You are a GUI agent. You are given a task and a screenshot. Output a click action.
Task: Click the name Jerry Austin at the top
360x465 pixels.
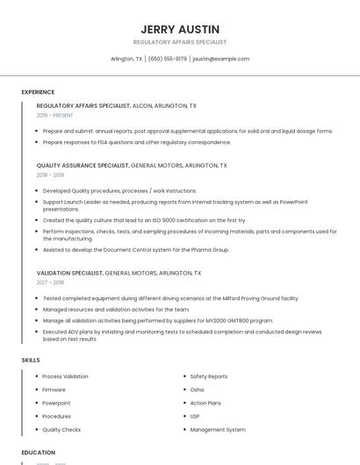click(180, 29)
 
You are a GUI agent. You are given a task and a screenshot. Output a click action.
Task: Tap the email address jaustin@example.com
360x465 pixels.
click(220, 59)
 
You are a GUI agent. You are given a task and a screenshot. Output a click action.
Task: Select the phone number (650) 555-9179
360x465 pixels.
click(167, 59)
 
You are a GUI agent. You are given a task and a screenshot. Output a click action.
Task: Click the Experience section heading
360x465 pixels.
click(38, 92)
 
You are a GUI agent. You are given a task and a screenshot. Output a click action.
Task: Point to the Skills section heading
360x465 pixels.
click(31, 360)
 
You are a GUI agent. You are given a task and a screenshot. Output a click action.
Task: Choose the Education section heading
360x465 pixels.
click(39, 453)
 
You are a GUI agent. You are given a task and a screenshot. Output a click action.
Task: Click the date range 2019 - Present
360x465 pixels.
click(55, 115)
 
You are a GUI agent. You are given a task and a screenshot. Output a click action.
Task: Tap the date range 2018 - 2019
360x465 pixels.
click(51, 175)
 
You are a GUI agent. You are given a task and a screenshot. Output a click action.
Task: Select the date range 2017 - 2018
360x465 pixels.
click(51, 283)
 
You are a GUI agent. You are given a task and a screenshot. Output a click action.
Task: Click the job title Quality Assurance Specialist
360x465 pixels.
click(83, 165)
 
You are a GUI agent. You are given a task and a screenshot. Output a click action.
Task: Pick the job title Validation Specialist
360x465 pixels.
click(69, 273)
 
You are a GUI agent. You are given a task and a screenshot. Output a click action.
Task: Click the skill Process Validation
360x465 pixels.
click(65, 376)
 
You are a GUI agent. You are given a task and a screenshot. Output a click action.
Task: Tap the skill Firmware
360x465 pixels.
click(54, 390)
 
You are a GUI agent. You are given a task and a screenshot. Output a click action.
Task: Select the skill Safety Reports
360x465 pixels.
click(209, 376)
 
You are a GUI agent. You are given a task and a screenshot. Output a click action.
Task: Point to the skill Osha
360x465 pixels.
click(197, 390)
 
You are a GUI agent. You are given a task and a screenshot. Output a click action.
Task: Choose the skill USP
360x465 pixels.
click(195, 417)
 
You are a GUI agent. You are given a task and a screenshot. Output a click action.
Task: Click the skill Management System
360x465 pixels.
click(218, 430)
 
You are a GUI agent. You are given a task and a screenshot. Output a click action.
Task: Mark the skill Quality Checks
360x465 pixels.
click(61, 430)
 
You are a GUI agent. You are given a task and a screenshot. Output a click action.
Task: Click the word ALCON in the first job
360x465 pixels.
click(141, 105)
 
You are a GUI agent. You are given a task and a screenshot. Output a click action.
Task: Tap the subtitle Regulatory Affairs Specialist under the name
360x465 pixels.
click(180, 42)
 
